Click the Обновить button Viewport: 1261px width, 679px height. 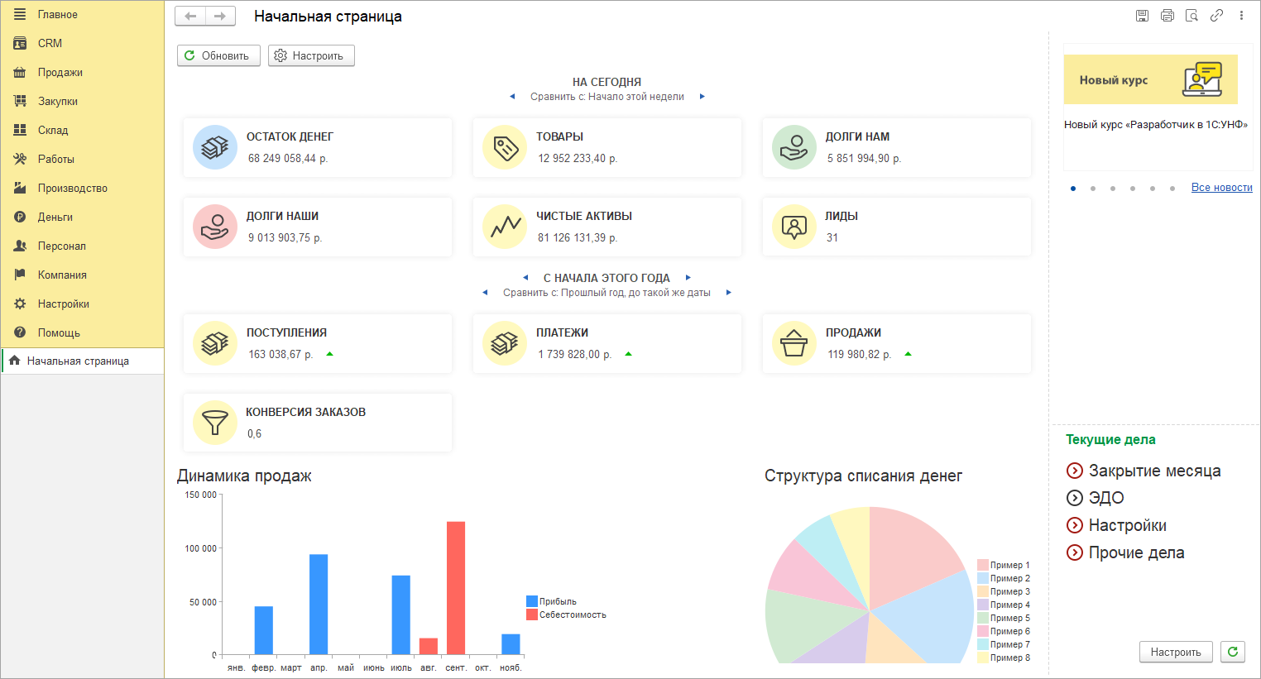pyautogui.click(x=218, y=55)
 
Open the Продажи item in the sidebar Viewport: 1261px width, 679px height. pyautogui.click(x=60, y=72)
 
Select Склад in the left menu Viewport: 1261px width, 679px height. pyautogui.click(x=52, y=130)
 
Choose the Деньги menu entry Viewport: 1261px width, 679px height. pyautogui.click(x=55, y=217)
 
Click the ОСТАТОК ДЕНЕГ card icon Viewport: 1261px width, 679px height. pyautogui.click(x=215, y=147)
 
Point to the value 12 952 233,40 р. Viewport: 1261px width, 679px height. pyautogui.click(x=578, y=158)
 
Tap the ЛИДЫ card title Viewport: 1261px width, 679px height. pyautogui.click(x=841, y=216)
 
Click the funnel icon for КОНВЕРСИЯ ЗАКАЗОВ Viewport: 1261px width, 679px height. pyautogui.click(x=215, y=423)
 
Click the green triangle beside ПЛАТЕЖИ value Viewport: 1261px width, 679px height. pyautogui.click(x=628, y=354)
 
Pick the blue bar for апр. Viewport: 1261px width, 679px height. pyautogui.click(x=319, y=604)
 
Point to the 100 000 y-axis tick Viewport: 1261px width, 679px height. pyautogui.click(x=200, y=548)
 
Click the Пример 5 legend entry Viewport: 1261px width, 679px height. pyautogui.click(x=1009, y=618)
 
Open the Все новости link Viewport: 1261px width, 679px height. pyautogui.click(x=1221, y=188)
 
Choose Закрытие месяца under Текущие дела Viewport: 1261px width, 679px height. pyautogui.click(x=1154, y=471)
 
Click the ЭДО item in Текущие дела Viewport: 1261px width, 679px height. pyautogui.click(x=1105, y=498)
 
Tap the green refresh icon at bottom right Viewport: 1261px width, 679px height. pyautogui.click(x=1233, y=652)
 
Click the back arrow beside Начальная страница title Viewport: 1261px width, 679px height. pyautogui.click(x=190, y=16)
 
